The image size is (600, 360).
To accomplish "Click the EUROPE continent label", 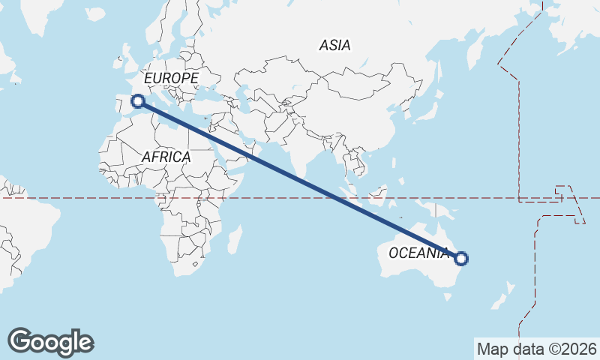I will pos(171,78).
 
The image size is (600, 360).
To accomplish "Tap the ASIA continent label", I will pos(334,45).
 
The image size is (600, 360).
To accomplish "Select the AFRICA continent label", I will pos(166,157).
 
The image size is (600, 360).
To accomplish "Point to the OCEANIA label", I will pos(418,253).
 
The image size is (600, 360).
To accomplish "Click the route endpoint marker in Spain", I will pos(138,101).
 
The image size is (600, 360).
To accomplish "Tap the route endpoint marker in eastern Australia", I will pos(461,259).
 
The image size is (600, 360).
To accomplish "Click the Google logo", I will pos(50,342).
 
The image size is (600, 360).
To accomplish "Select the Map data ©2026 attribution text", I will pos(536,349).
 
